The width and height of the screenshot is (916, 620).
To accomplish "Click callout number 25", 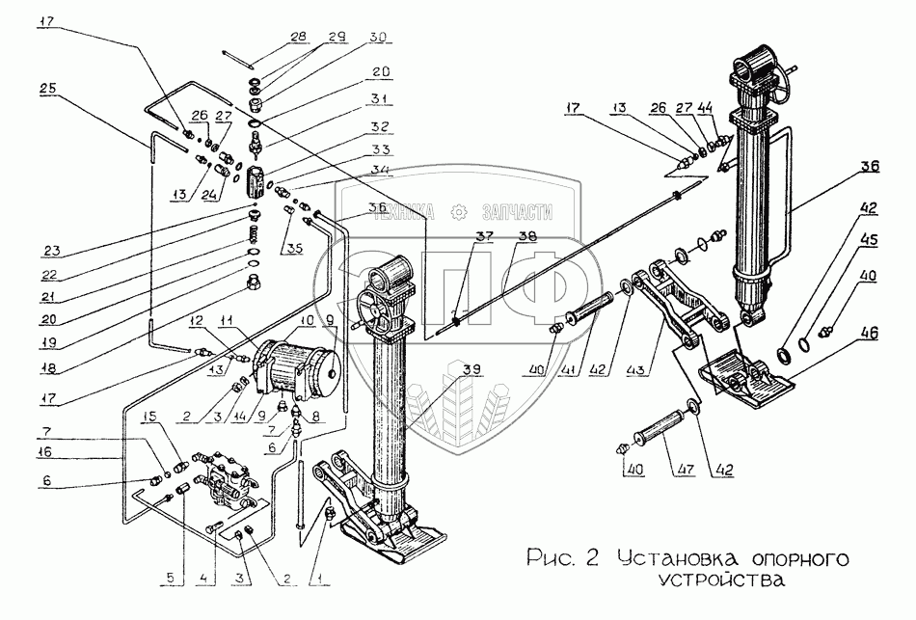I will [x=48, y=88].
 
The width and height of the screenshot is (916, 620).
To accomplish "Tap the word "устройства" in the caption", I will [x=718, y=580].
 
